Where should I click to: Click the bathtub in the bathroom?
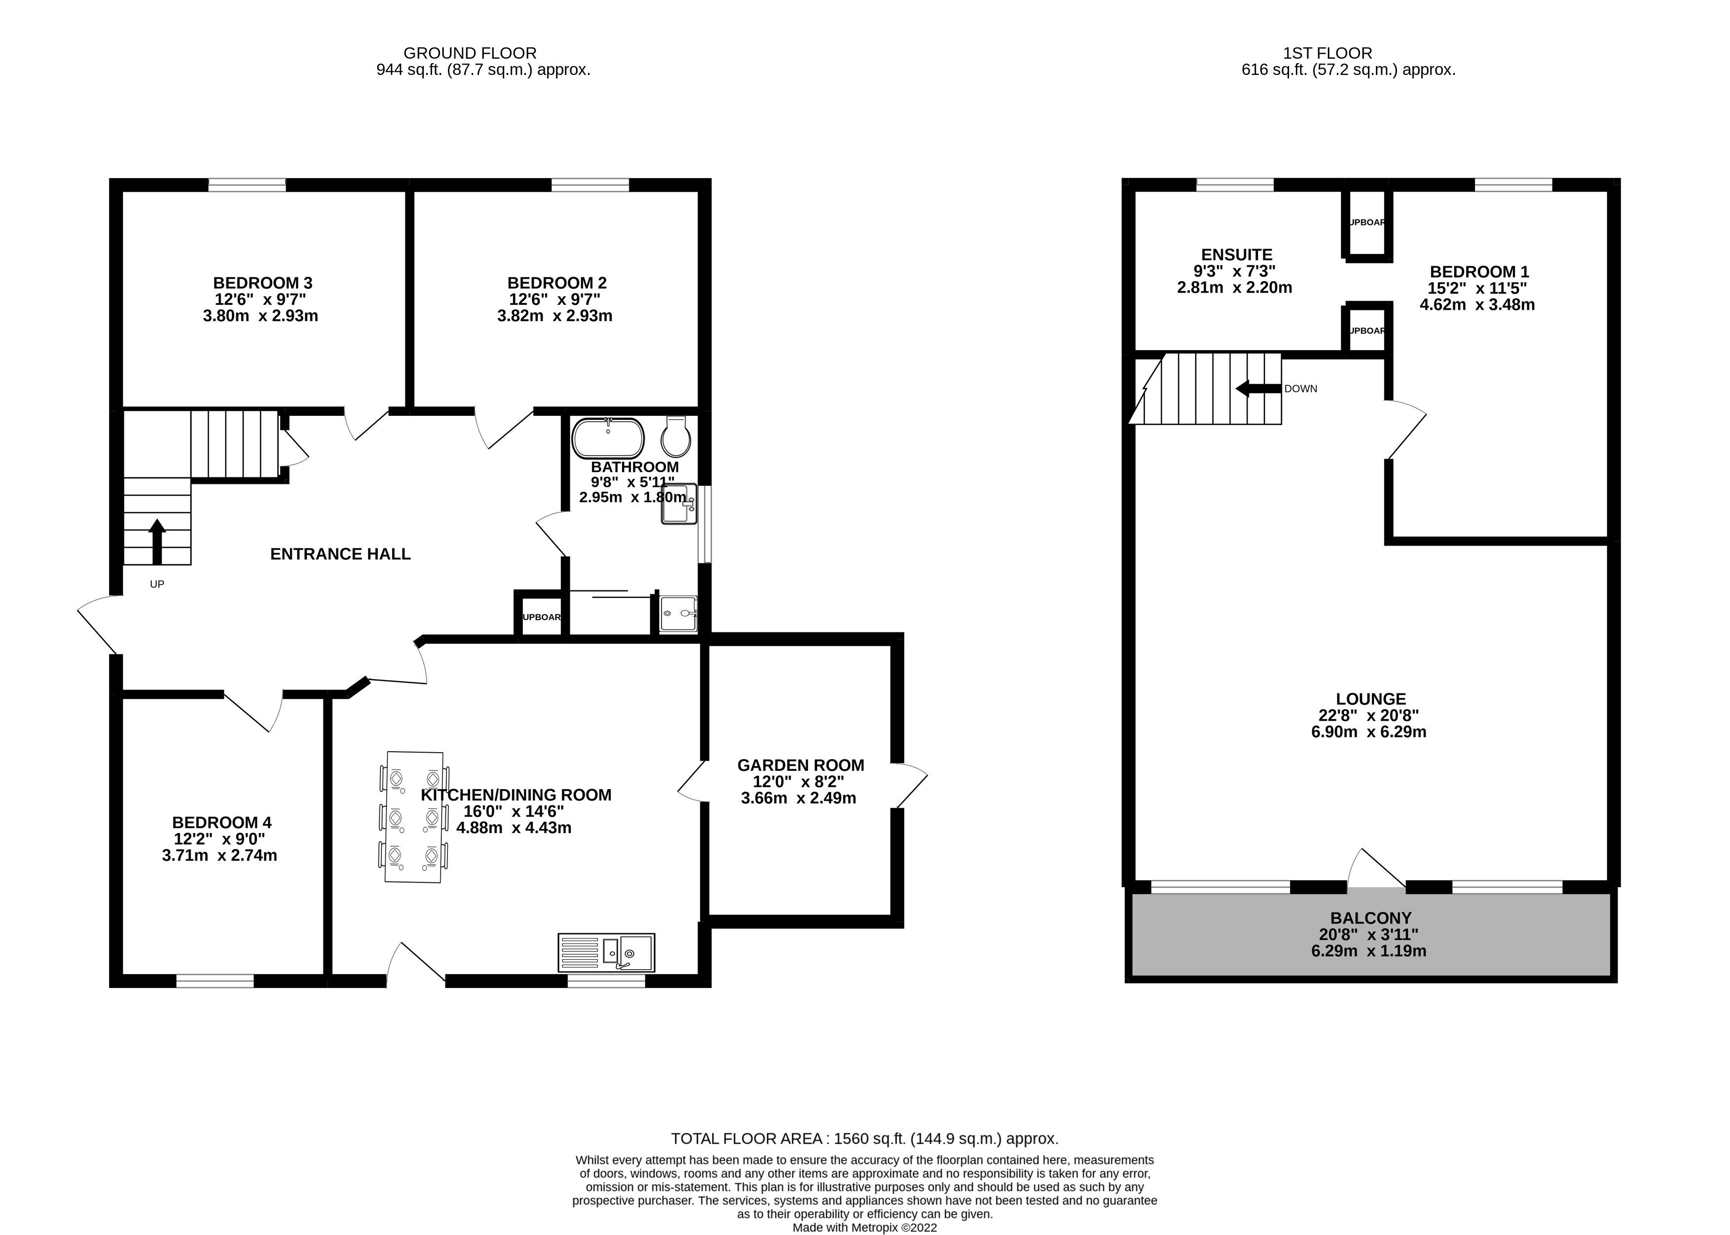click(608, 438)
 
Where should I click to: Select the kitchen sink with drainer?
click(606, 952)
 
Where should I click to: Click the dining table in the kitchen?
click(414, 817)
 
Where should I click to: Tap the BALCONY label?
click(1370, 918)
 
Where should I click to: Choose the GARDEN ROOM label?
click(800, 765)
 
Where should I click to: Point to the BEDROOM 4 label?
click(221, 822)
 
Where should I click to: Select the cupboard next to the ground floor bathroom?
click(541, 617)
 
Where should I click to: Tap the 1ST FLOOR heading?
click(1327, 53)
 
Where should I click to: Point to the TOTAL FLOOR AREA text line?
click(864, 1138)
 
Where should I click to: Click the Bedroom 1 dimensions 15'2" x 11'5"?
click(1477, 288)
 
